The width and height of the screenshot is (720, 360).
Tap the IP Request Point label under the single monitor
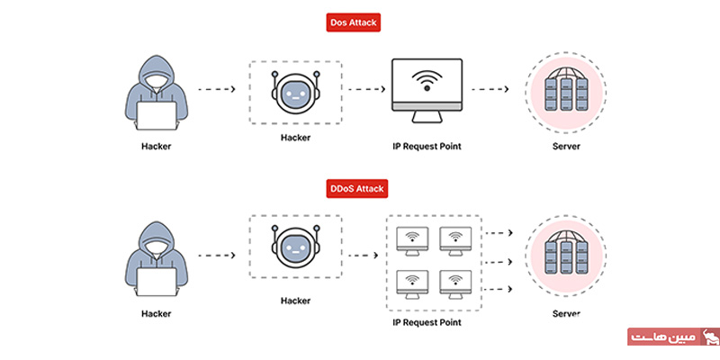pyautogui.click(x=427, y=146)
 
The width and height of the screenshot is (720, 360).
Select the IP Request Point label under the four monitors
pyautogui.click(x=433, y=320)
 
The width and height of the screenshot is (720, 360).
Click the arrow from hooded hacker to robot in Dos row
pyautogui.click(x=216, y=90)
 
